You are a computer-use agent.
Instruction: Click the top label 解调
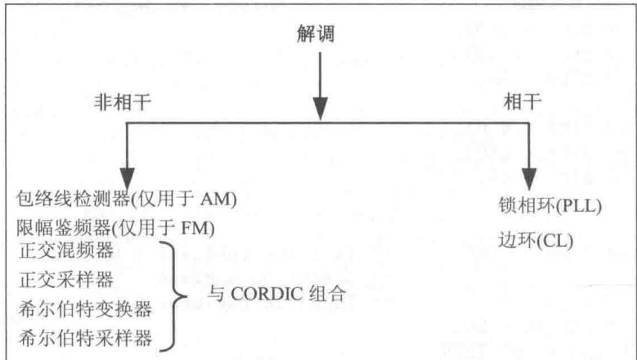[316, 34]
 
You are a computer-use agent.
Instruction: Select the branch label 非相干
[123, 101]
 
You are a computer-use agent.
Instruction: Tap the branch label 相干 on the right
[523, 101]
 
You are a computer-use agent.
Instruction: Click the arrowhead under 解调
[320, 109]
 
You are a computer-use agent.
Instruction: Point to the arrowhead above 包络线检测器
[128, 179]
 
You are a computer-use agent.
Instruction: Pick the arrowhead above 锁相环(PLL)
[529, 179]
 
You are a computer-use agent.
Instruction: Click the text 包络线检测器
[73, 199]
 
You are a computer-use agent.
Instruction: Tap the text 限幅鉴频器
[64, 228]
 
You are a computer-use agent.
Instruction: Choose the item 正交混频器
[66, 250]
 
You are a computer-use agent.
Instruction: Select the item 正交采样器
[66, 280]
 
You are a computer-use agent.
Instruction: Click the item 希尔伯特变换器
[85, 309]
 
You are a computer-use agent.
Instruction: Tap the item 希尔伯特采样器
[85, 338]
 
